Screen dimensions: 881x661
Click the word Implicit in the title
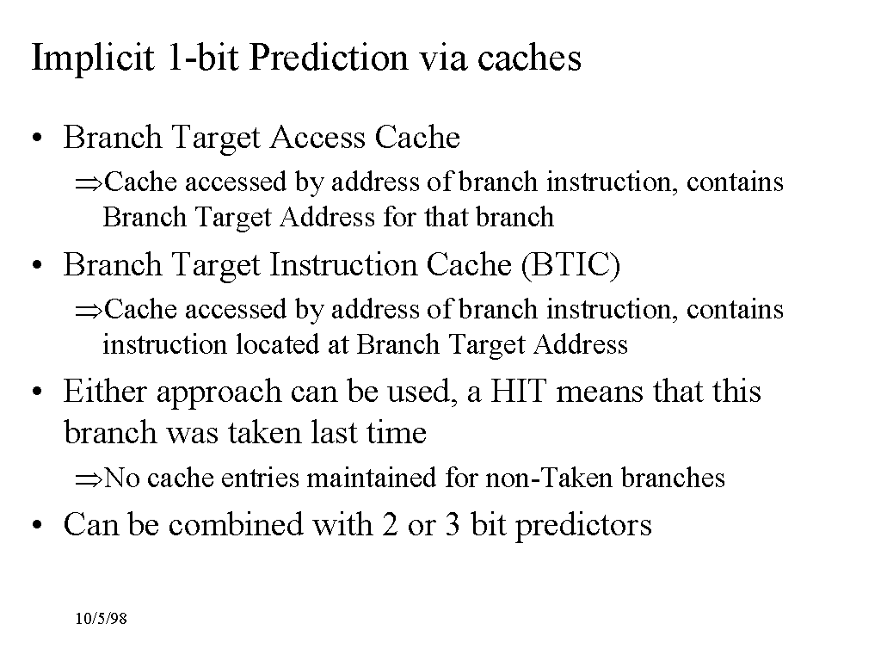click(x=93, y=59)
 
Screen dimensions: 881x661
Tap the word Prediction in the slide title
click(x=328, y=58)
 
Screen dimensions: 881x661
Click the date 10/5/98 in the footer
click(x=102, y=619)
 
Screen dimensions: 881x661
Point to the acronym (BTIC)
click(x=571, y=265)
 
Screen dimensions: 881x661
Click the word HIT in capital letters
click(x=517, y=392)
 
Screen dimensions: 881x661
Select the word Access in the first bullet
click(x=318, y=137)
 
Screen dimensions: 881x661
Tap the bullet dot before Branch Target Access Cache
click(x=37, y=139)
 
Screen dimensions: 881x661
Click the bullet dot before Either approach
click(x=37, y=392)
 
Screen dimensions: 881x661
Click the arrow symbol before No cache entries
click(x=89, y=479)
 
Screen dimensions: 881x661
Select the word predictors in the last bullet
click(x=583, y=526)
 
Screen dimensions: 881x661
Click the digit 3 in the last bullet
click(x=453, y=524)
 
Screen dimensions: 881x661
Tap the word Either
click(x=105, y=392)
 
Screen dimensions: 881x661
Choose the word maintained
click(x=372, y=478)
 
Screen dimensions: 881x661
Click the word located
click(x=277, y=344)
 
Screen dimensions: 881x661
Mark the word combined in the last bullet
click(x=236, y=524)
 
